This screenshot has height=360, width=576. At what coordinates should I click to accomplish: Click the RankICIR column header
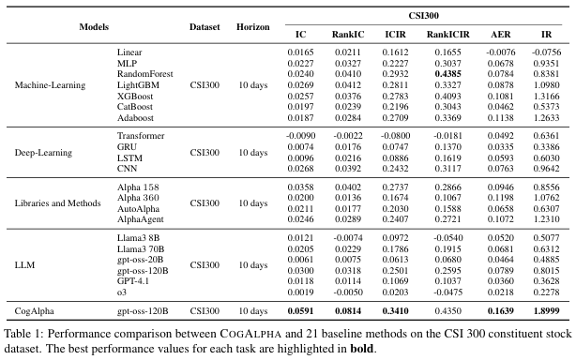tap(447, 35)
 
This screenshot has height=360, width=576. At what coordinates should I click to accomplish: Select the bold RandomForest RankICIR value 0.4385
tap(447, 74)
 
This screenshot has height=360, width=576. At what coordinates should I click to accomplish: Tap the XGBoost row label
tap(135, 97)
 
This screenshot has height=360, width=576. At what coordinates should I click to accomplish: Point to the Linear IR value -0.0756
tap(546, 52)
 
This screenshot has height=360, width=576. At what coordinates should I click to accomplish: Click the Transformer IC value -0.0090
tap(300, 136)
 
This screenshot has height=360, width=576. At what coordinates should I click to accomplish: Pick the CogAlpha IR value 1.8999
tap(546, 311)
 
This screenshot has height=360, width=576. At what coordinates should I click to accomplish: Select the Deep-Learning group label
tap(43, 153)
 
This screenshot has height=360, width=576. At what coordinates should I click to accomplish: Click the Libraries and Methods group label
tap(57, 203)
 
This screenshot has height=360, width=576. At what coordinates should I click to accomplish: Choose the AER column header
tap(501, 35)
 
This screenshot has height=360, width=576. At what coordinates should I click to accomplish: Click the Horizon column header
tap(253, 27)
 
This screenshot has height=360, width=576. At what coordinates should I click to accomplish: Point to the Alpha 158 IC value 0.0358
tap(300, 187)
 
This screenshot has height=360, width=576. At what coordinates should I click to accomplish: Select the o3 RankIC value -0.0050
tap(348, 292)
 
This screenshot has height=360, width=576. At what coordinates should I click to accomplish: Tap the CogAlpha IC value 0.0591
tap(300, 311)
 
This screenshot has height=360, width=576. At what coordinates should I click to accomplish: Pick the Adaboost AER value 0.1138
tap(501, 118)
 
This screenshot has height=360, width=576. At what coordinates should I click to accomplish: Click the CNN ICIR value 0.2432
tap(395, 169)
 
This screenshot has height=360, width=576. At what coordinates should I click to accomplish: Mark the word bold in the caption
tap(362, 348)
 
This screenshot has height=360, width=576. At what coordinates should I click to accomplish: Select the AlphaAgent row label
tap(141, 219)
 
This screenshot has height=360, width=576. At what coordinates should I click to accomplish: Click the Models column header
tap(94, 27)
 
